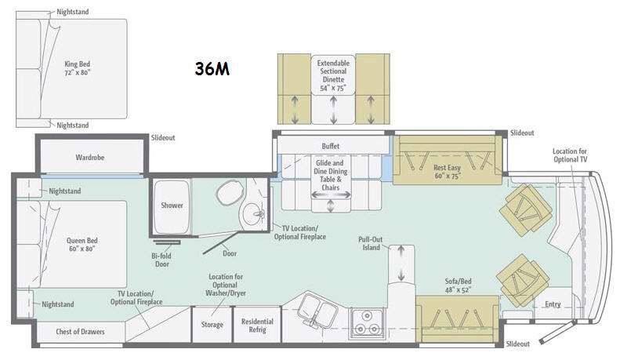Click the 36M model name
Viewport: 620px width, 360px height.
tap(212, 69)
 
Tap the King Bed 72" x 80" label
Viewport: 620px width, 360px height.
tap(78, 68)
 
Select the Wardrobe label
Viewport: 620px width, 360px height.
tap(90, 158)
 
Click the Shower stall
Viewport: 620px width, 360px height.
tap(172, 207)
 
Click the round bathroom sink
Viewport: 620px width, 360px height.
tap(254, 214)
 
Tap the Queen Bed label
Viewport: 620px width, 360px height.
tap(82, 245)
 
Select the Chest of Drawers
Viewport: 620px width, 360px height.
tap(80, 332)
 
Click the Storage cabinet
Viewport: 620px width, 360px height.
tap(212, 325)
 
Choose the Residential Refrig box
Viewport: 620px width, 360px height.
tap(257, 325)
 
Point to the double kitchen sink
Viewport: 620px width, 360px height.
tap(317, 308)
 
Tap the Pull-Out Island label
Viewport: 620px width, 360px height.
tap(371, 244)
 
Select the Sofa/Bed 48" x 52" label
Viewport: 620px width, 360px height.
tap(458, 285)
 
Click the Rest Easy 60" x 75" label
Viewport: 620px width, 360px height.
tap(448, 172)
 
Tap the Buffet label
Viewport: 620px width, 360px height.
tap(331, 146)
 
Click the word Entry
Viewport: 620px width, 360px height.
tap(553, 304)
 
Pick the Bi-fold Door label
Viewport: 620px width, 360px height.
tap(161, 260)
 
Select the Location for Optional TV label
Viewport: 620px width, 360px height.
tap(570, 155)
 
